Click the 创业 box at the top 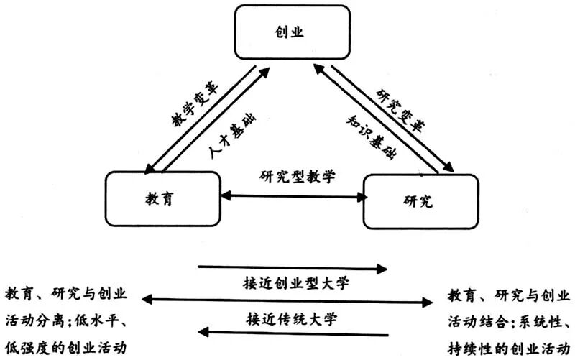point(294,33)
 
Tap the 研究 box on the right point(420,201)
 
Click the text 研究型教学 point(293,176)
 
